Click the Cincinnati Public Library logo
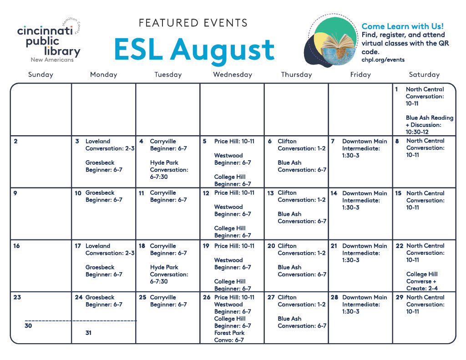click(x=49, y=40)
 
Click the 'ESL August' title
click(x=194, y=50)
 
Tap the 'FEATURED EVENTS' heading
click(x=193, y=23)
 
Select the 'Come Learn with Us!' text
click(x=402, y=26)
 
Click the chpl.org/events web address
click(x=383, y=60)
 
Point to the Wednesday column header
click(x=233, y=75)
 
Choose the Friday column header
click(x=360, y=75)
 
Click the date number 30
click(x=28, y=325)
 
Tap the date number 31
click(x=88, y=333)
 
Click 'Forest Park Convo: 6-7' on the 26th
click(x=229, y=336)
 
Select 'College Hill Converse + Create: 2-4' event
click(x=422, y=281)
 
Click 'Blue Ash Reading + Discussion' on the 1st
click(x=430, y=125)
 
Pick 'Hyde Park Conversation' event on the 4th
click(x=169, y=170)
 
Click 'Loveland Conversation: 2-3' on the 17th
click(x=110, y=249)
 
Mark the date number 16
click(x=17, y=246)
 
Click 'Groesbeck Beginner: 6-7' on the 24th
click(x=104, y=301)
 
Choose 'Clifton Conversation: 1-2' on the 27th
click(x=301, y=301)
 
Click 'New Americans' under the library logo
click(x=52, y=60)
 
